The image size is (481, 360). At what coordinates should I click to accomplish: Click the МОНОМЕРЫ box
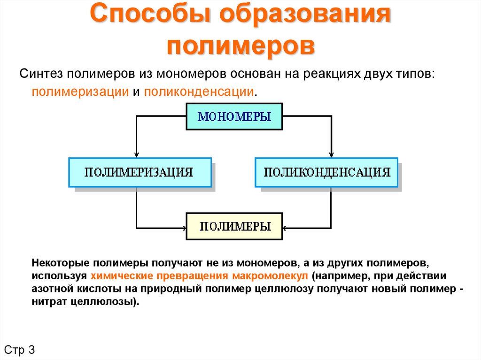234,116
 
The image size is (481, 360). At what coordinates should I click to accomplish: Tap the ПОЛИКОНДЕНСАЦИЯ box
326,172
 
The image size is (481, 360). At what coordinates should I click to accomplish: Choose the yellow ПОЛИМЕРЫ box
234,226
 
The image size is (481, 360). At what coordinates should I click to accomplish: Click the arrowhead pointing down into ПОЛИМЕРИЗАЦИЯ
136,154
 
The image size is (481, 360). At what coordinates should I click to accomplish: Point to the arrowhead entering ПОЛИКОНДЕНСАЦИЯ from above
331,154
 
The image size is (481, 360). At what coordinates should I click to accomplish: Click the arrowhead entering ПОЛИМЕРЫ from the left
183,229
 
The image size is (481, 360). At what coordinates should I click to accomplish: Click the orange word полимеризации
80,91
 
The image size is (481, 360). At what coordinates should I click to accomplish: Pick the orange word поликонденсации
199,91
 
